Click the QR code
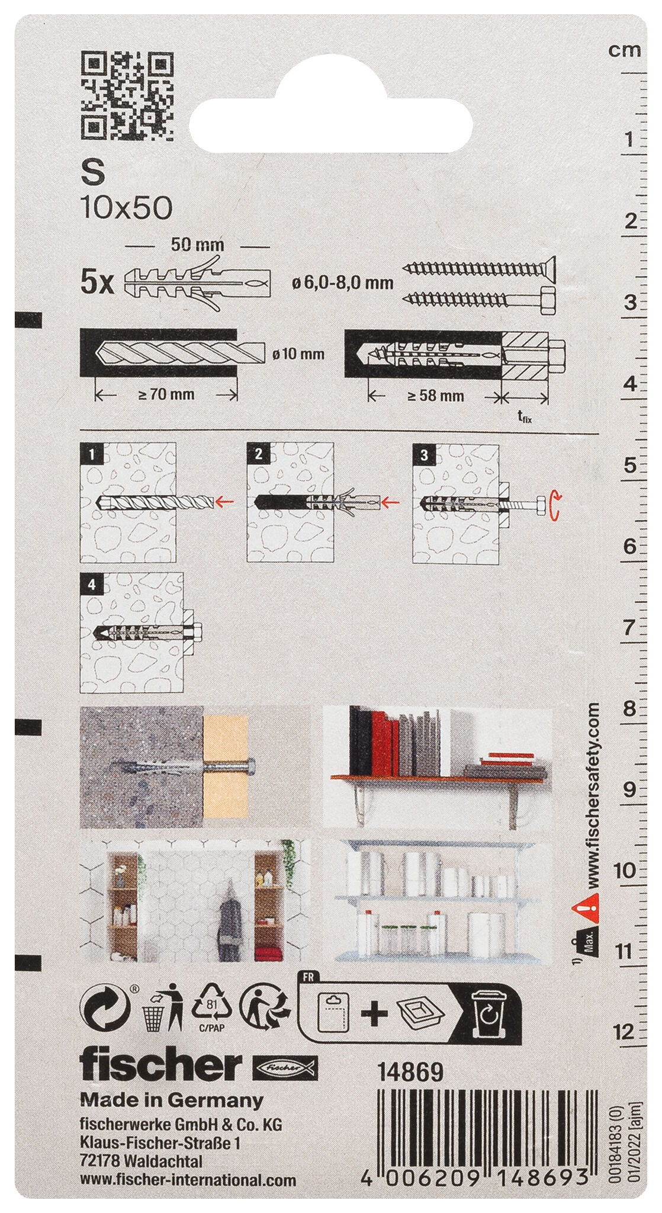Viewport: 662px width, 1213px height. tap(127, 97)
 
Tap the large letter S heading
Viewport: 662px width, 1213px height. tap(92, 174)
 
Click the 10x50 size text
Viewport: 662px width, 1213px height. tap(126, 208)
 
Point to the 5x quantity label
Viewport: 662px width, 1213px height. tap(97, 284)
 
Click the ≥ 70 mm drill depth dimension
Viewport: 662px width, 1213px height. tap(166, 394)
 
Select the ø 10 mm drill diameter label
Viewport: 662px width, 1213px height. tap(298, 354)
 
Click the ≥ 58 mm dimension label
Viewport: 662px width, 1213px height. tap(435, 396)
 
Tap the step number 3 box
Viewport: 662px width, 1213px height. tap(424, 455)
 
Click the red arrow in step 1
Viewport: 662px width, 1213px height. tap(223, 502)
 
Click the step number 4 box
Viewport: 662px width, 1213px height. tap(91, 585)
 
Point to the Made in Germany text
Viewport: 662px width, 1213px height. tap(172, 1100)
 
